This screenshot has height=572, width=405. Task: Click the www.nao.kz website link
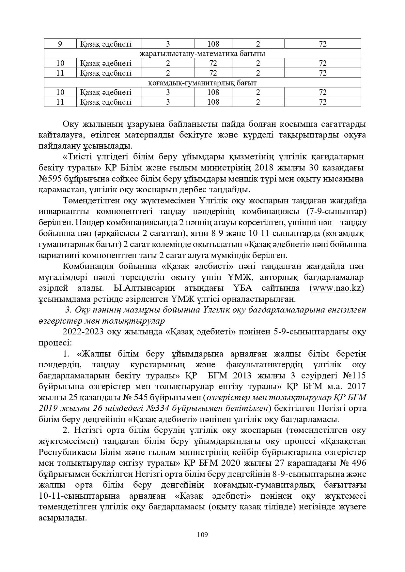(x=337, y=288)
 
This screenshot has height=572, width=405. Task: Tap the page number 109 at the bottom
(x=202, y=535)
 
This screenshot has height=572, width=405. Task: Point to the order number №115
(x=354, y=375)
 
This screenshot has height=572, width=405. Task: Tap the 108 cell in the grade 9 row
(x=213, y=44)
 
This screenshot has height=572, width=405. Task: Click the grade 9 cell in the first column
(x=60, y=44)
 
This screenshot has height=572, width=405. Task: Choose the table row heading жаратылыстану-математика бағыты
(x=202, y=53)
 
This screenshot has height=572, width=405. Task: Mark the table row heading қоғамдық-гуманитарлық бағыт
(x=202, y=83)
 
